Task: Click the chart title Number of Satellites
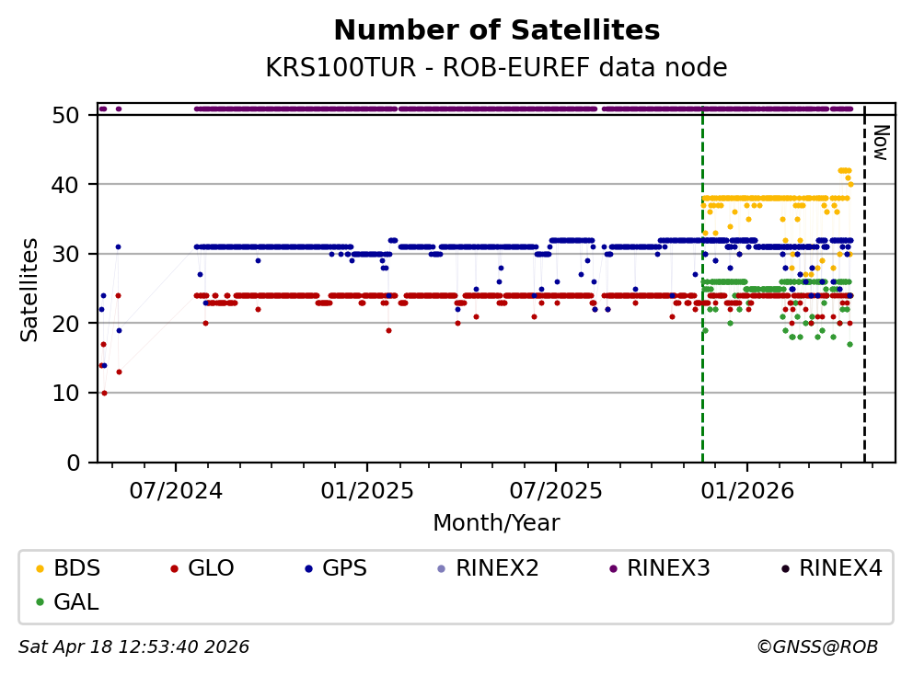click(x=496, y=31)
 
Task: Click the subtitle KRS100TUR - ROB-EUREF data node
click(x=496, y=68)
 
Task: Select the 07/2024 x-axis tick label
click(x=176, y=490)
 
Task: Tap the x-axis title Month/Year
click(x=496, y=523)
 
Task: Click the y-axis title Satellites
click(x=30, y=289)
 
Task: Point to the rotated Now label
click(x=880, y=143)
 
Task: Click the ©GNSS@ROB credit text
click(x=816, y=647)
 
